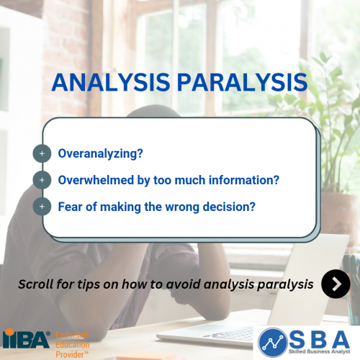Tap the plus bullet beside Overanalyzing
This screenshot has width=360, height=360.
(42, 153)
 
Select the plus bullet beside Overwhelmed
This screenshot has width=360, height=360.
(42, 180)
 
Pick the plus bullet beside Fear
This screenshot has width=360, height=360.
(42, 207)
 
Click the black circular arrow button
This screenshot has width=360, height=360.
(336, 284)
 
